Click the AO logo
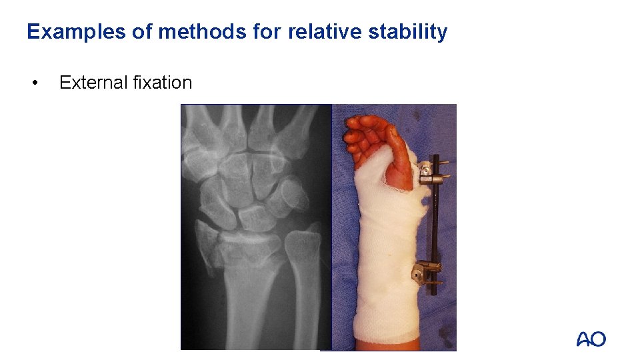click(591, 339)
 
